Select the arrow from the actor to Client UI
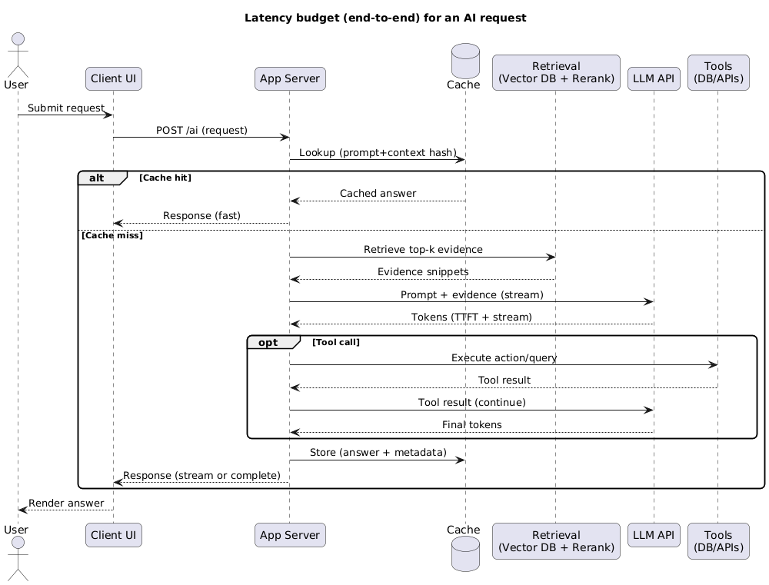65,115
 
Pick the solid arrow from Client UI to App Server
201,138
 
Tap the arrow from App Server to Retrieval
422,257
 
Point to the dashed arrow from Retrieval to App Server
422,279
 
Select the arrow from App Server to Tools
504,364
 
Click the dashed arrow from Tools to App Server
504,387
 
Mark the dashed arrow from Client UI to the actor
65,509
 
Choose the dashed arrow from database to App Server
378,201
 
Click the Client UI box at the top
114,78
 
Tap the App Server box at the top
290,78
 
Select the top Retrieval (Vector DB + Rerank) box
556,72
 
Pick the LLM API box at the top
654,78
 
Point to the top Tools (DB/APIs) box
718,72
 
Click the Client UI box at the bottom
114,535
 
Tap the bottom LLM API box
654,535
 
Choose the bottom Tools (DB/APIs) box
718,540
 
